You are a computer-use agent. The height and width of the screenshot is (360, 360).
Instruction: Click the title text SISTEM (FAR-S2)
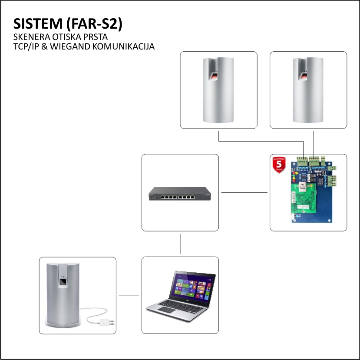[68, 24]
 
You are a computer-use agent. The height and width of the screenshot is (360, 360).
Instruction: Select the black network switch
[180, 194]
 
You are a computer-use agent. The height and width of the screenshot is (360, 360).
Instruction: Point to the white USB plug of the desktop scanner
[106, 323]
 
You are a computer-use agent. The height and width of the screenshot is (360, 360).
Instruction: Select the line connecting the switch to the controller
[244, 192]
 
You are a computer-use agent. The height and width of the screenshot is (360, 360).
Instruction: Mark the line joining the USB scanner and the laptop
[129, 295]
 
